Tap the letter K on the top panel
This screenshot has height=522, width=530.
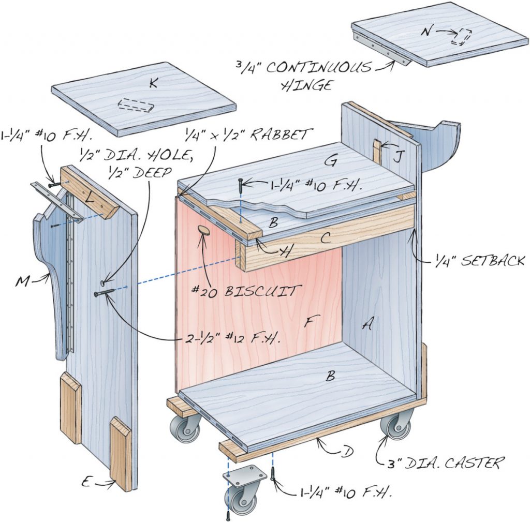coord(153,84)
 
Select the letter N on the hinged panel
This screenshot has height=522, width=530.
coord(425,32)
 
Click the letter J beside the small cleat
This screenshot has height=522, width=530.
coord(396,157)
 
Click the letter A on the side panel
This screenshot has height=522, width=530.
coord(368,324)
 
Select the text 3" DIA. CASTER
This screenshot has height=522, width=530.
coord(445,463)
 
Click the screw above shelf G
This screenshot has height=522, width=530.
coord(241,185)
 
